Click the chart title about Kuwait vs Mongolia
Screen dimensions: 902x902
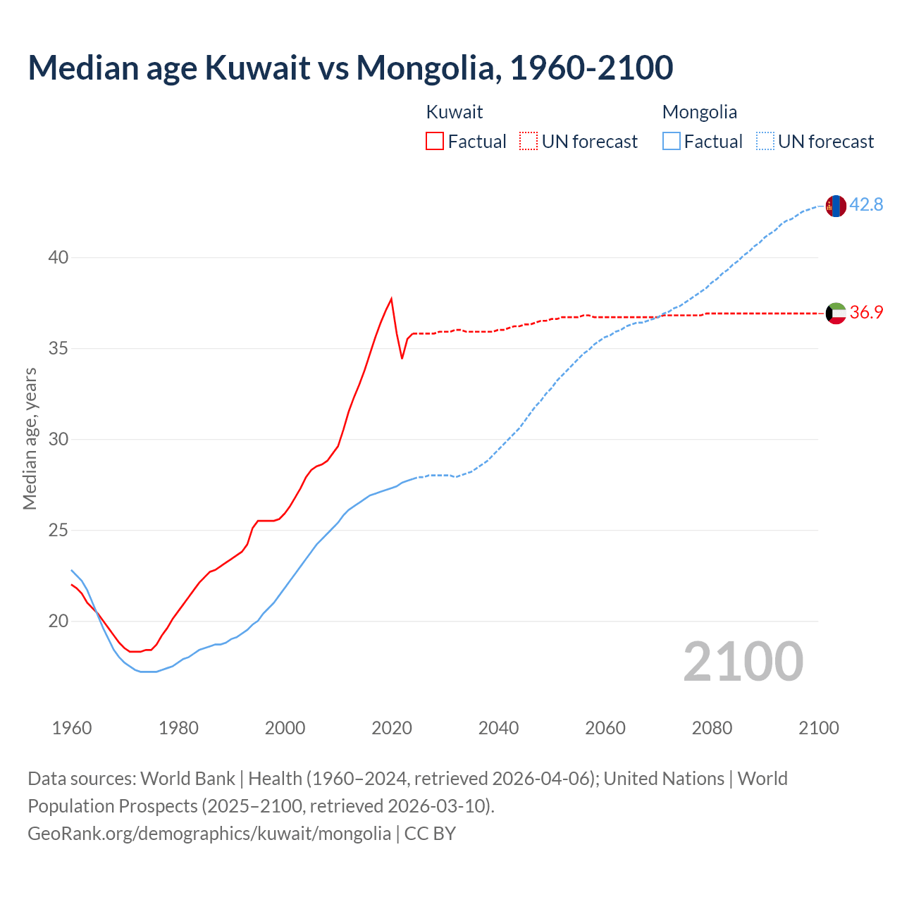[x=350, y=68]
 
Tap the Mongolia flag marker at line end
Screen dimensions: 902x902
[x=836, y=206]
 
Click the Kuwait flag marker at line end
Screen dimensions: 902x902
[x=836, y=313]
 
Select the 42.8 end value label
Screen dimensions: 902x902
[x=866, y=205]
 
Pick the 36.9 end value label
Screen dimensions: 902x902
[x=866, y=312]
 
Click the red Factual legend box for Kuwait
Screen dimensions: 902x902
[x=435, y=142]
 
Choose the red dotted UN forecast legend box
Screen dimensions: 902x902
[x=529, y=142]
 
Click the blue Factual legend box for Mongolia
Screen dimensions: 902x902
[x=672, y=142]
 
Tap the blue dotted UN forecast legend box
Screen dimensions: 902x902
[x=765, y=142]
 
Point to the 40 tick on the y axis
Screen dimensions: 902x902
[x=58, y=258]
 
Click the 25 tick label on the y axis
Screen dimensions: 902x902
[x=58, y=530]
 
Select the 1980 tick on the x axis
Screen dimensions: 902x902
[x=178, y=728]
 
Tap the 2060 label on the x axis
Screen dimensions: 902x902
[x=605, y=728]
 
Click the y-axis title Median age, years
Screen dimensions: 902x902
[x=30, y=438]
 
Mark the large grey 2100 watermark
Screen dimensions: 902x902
[x=743, y=661]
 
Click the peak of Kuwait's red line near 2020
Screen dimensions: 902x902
[x=391, y=299]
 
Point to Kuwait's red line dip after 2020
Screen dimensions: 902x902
[x=402, y=358]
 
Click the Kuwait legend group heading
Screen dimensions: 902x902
[x=455, y=112]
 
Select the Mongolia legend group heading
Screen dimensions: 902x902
[x=700, y=112]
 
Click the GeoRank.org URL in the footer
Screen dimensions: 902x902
[x=209, y=833]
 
